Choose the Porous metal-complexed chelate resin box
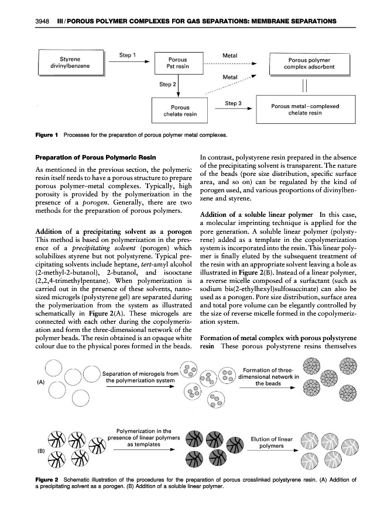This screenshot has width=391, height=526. click(305, 110)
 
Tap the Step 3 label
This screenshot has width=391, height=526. click(234, 103)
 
